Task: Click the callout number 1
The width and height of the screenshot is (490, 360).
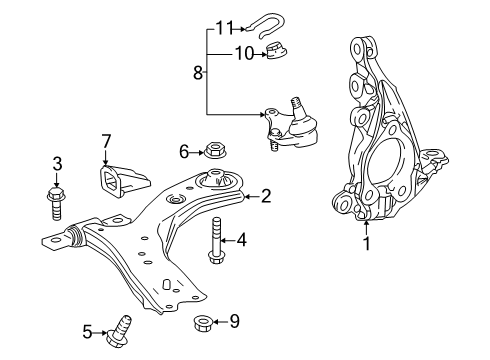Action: click(365, 243)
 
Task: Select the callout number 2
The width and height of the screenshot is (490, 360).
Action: click(266, 197)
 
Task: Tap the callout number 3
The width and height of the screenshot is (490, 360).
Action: click(57, 162)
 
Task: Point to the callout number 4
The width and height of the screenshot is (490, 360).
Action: click(242, 239)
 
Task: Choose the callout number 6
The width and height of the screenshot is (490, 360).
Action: click(183, 151)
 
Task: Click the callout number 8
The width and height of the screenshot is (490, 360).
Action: click(197, 72)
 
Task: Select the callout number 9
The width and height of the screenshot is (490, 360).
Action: click(234, 322)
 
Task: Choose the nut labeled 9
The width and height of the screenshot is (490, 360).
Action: click(201, 322)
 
